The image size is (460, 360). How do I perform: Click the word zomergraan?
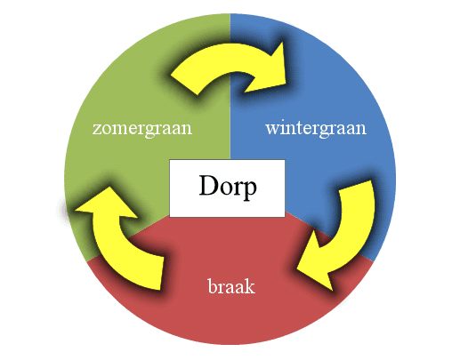pyautogui.click(x=142, y=130)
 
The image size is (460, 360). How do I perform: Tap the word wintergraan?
pyautogui.click(x=316, y=130)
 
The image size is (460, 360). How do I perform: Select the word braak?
pyautogui.click(x=231, y=286)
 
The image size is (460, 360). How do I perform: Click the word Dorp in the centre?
pyautogui.click(x=228, y=186)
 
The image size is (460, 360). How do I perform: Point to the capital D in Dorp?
pyautogui.click(x=208, y=185)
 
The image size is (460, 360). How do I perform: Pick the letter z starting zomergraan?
pyautogui.click(x=96, y=130)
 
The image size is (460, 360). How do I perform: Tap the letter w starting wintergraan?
pyautogui.click(x=272, y=130)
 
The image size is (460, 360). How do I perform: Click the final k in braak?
pyautogui.click(x=250, y=286)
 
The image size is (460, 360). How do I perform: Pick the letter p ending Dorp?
pyautogui.click(x=250, y=189)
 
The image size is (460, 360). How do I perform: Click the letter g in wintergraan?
pyautogui.click(x=324, y=132)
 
